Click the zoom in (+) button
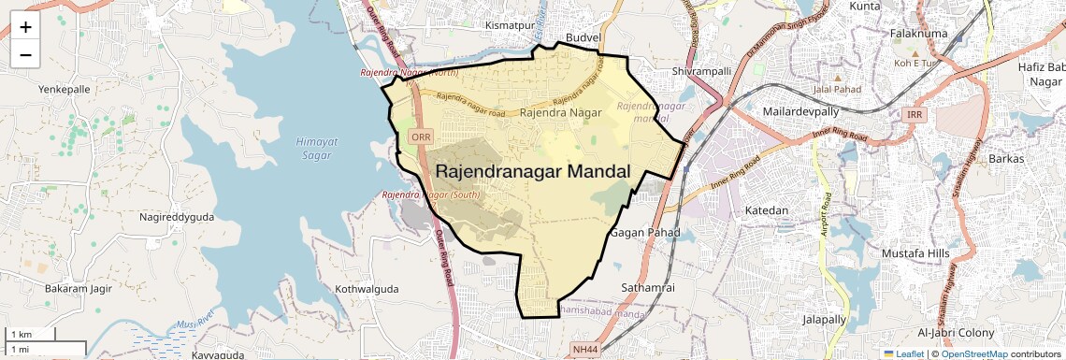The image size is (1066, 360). (25, 28)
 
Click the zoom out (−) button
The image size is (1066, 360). (25, 55)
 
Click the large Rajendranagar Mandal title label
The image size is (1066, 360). (533, 171)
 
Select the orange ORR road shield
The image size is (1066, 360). (421, 137)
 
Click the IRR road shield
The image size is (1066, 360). (915, 114)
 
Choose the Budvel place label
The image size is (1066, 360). (579, 37)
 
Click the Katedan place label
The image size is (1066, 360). (766, 210)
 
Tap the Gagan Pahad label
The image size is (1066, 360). (641, 231)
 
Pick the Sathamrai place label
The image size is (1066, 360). (648, 287)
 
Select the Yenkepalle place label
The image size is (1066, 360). (65, 89)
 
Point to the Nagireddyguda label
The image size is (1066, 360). (177, 216)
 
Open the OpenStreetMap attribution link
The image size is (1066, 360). (973, 354)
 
